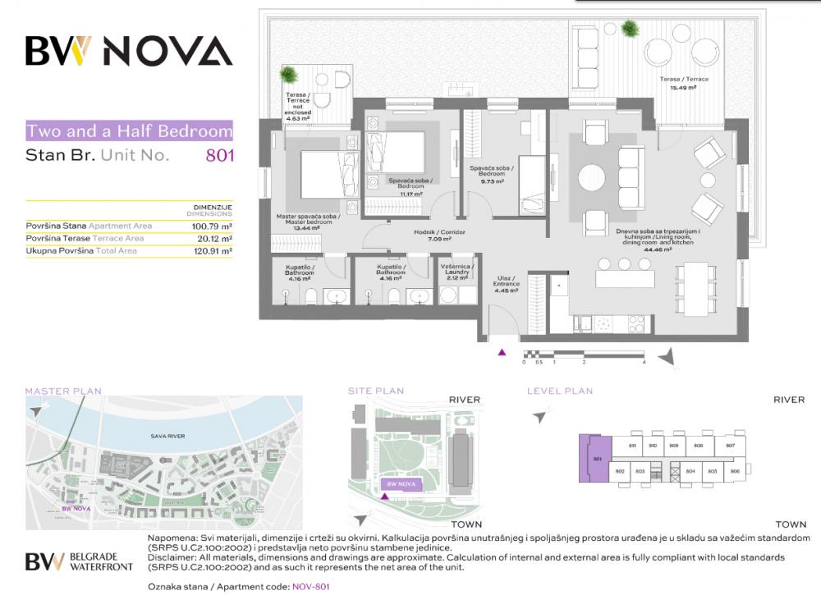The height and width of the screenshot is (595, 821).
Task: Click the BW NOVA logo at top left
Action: coord(129,51)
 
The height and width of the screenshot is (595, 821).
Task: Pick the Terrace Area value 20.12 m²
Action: coord(215,238)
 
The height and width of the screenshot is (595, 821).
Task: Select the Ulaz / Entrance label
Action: coord(507,284)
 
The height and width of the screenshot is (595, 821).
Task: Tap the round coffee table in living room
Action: coord(591,176)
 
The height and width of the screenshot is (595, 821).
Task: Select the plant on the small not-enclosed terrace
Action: coord(288,76)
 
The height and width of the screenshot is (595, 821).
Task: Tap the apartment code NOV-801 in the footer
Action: coord(310,587)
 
